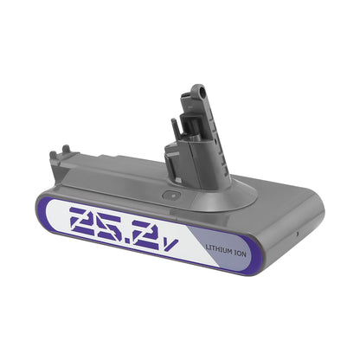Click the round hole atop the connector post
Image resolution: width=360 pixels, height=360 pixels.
point(199,89)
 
